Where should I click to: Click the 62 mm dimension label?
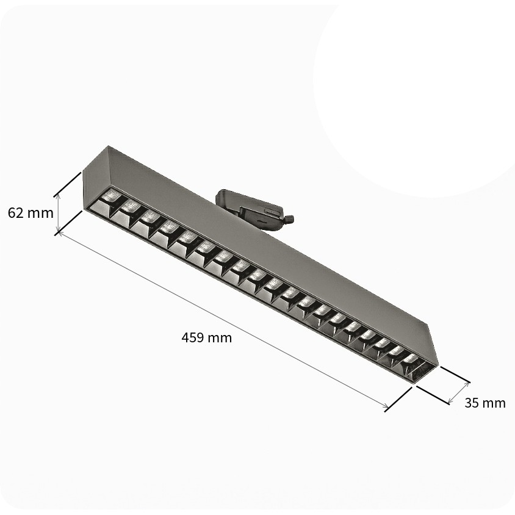[31, 213]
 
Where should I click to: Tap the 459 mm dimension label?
[207, 337]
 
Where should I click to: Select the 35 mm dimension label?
[485, 403]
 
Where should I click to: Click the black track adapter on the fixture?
[253, 209]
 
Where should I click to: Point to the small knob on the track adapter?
[289, 218]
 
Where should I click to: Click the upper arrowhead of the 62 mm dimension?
[58, 195]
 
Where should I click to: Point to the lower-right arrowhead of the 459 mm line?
[387, 407]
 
